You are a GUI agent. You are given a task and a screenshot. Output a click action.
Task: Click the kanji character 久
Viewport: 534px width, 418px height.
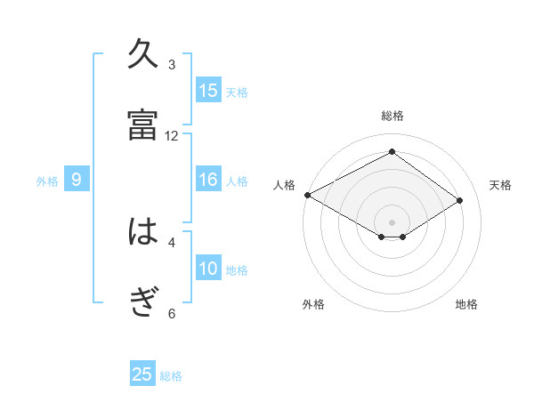point(142,55)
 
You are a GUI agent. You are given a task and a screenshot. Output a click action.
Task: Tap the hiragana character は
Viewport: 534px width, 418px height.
point(142,233)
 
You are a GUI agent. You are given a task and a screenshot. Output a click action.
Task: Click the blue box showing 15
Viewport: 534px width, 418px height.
point(208,90)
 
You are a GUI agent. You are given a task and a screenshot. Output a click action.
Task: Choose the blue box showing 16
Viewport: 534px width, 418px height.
point(208,180)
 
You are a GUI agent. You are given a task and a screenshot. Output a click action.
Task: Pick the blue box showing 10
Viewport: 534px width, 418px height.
point(208,269)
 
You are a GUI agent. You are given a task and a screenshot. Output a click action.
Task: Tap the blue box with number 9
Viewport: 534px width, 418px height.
point(77,180)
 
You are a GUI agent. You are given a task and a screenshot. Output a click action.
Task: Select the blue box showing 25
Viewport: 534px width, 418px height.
point(142,374)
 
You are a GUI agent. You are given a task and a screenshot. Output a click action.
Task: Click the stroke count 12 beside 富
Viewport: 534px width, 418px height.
point(172,136)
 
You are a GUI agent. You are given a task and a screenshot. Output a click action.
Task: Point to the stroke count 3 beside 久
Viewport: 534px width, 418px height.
point(172,65)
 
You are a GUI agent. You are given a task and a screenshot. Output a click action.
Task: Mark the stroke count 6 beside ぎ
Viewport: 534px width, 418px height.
point(172,313)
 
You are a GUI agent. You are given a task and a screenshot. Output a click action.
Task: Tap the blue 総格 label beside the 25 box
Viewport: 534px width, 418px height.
point(172,376)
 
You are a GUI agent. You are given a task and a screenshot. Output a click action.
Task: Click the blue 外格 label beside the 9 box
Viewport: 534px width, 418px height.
point(47,181)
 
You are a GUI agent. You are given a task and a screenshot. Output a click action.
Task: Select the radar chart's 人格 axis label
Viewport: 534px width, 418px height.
point(285,185)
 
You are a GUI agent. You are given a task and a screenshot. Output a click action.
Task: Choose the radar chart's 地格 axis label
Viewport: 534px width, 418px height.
point(466,304)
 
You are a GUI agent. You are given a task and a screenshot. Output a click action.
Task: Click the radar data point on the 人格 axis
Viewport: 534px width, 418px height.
point(307,195)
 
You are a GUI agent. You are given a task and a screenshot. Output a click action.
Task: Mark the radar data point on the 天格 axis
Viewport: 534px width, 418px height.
point(460,201)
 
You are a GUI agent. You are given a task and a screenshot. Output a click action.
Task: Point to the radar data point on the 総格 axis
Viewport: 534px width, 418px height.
point(392,152)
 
